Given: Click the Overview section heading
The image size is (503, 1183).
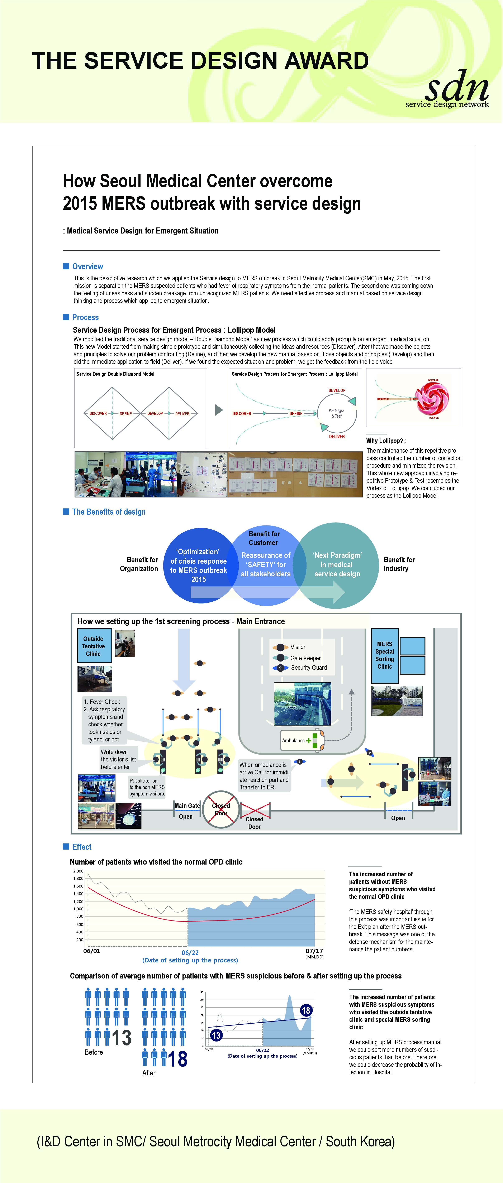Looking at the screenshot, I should pos(87,266).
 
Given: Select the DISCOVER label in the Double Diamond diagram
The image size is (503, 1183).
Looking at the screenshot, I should pos(98,413).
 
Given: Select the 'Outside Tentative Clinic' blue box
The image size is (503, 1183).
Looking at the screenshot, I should pos(94,646).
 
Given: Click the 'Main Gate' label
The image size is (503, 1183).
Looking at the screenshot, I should pos(187,806).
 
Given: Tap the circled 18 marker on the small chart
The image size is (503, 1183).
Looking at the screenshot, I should pos(306,1010).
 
